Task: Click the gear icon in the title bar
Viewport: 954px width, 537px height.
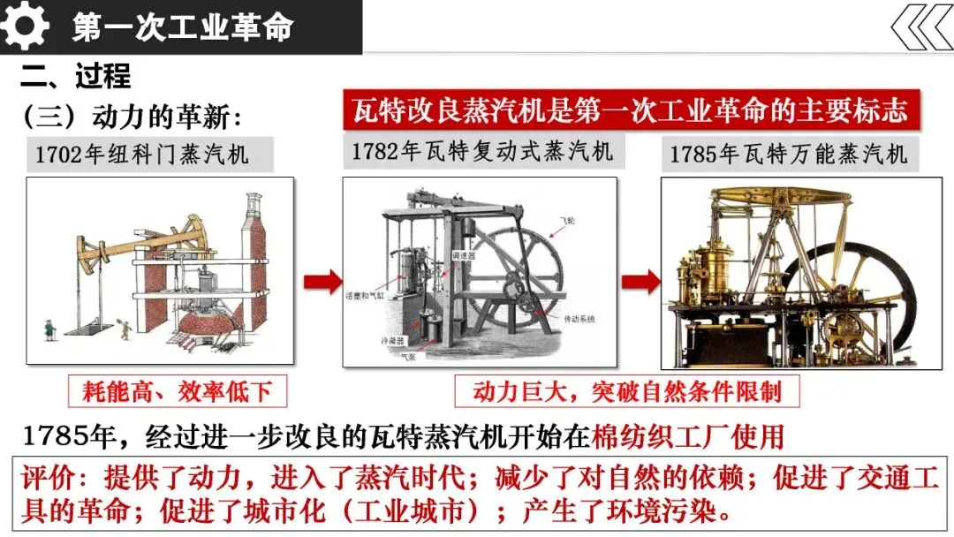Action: point(25,26)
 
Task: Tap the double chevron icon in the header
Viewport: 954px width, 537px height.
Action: point(921,27)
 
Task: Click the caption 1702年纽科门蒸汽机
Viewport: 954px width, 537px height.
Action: point(143,155)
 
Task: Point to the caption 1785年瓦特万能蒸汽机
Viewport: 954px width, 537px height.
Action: point(789,154)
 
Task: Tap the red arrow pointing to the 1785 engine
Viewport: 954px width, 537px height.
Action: point(640,282)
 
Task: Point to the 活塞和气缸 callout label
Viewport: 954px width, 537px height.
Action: point(366,295)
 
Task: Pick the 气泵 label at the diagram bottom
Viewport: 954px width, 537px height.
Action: point(408,356)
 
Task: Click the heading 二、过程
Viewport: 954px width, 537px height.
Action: point(76,76)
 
